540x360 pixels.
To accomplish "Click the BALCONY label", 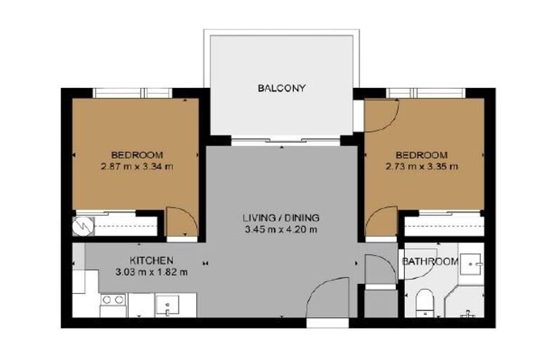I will point(281,88).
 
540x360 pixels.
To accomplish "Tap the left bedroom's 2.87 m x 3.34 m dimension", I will point(137,167).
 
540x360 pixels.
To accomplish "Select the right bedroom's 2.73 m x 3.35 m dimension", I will point(422,167).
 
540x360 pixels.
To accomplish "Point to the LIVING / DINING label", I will point(281,217).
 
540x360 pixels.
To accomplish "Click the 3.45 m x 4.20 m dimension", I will point(281,229).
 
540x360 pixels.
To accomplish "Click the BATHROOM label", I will point(430,262).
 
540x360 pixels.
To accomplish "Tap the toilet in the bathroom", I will point(424,302).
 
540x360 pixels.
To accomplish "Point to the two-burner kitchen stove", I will point(112,304).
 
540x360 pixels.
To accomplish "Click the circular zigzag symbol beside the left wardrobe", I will point(79,226).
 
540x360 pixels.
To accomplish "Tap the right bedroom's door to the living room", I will point(380,224).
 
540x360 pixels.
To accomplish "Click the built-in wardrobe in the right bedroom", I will point(443,225).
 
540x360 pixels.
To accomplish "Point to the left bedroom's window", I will point(134,92).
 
